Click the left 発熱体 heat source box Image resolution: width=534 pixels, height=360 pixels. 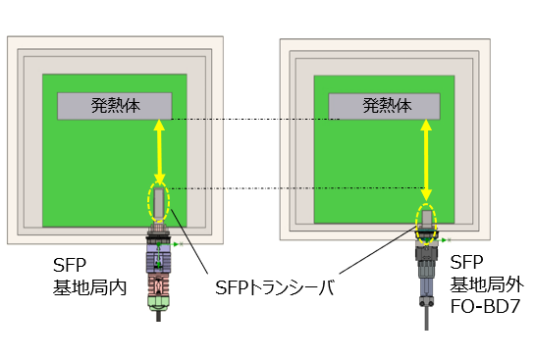pos(114,105)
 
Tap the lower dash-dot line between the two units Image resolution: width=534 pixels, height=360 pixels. pos(294,187)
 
